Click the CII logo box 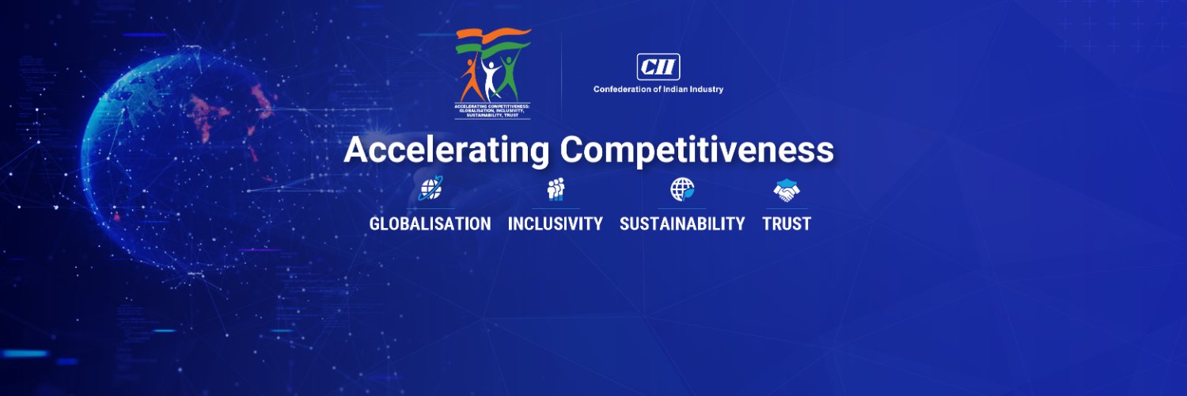[x=658, y=67]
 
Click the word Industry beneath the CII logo [x=704, y=89]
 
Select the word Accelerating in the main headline [x=446, y=150]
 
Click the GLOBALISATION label [x=430, y=224]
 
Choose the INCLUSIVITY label [x=555, y=224]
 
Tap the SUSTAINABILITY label [x=682, y=224]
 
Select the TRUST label [x=787, y=224]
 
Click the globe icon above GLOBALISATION [x=430, y=188]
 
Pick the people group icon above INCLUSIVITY [x=556, y=189]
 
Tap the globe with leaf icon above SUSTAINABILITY [x=682, y=189]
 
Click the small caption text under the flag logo [x=492, y=110]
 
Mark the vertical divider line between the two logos [x=562, y=75]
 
